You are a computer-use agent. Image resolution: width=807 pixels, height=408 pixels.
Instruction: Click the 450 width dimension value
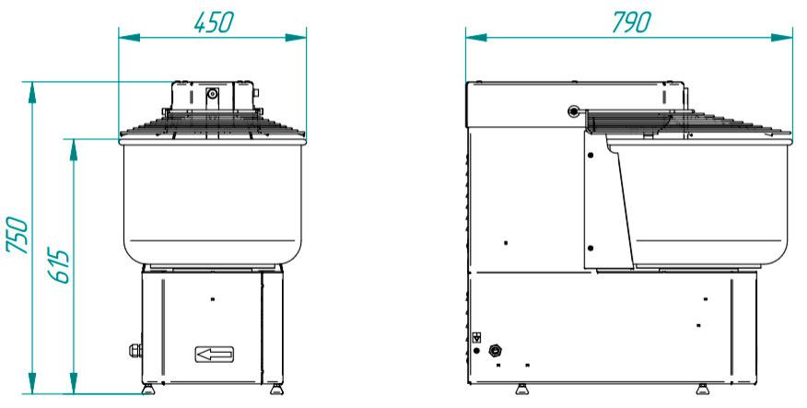[214, 22]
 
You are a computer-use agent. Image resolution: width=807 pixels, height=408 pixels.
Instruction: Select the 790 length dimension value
[632, 22]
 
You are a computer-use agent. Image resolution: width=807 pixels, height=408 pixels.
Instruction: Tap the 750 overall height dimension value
[17, 235]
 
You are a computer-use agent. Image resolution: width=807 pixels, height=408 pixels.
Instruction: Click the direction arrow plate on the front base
[215, 354]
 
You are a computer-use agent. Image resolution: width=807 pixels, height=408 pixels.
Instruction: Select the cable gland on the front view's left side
[135, 350]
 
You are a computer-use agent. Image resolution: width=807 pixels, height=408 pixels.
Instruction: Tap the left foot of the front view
[148, 390]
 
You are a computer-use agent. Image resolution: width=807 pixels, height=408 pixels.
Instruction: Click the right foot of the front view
[276, 390]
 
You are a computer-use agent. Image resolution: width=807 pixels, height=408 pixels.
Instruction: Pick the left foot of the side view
[521, 390]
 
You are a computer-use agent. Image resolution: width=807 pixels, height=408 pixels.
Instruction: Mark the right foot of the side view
[702, 390]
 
